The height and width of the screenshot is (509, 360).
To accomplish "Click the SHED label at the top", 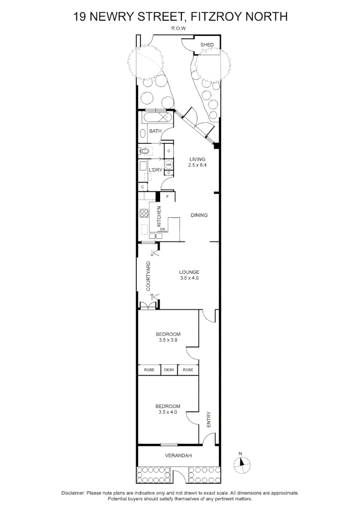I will coord(207,45).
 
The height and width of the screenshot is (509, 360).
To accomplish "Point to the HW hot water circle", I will coord(169,164).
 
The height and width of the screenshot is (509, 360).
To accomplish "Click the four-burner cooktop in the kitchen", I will coord(144,213).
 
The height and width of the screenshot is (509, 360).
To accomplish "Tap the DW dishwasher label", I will coord(163,230).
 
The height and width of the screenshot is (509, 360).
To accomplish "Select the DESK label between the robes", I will coord(169,370).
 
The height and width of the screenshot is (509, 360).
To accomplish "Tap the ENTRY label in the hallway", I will coord(209,420).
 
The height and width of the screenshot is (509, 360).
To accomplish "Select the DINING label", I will coord(199,215).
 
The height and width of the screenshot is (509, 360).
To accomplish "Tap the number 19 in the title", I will coord(80,17).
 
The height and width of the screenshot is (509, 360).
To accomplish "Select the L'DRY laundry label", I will coord(155,170).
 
